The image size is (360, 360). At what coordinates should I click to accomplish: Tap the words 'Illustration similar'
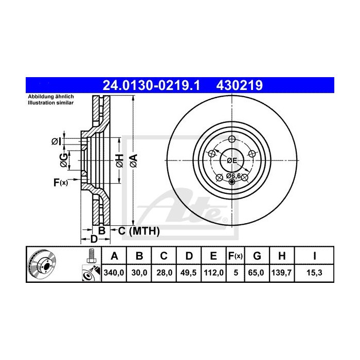click(x=50, y=103)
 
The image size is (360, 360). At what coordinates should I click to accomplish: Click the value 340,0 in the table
click(x=115, y=273)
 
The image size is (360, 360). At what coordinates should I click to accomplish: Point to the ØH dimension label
click(x=118, y=160)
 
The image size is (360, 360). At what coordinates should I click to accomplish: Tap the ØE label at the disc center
click(x=232, y=160)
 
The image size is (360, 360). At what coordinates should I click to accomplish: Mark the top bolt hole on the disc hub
click(x=231, y=139)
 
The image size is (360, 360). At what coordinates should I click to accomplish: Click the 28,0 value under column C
click(x=163, y=273)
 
